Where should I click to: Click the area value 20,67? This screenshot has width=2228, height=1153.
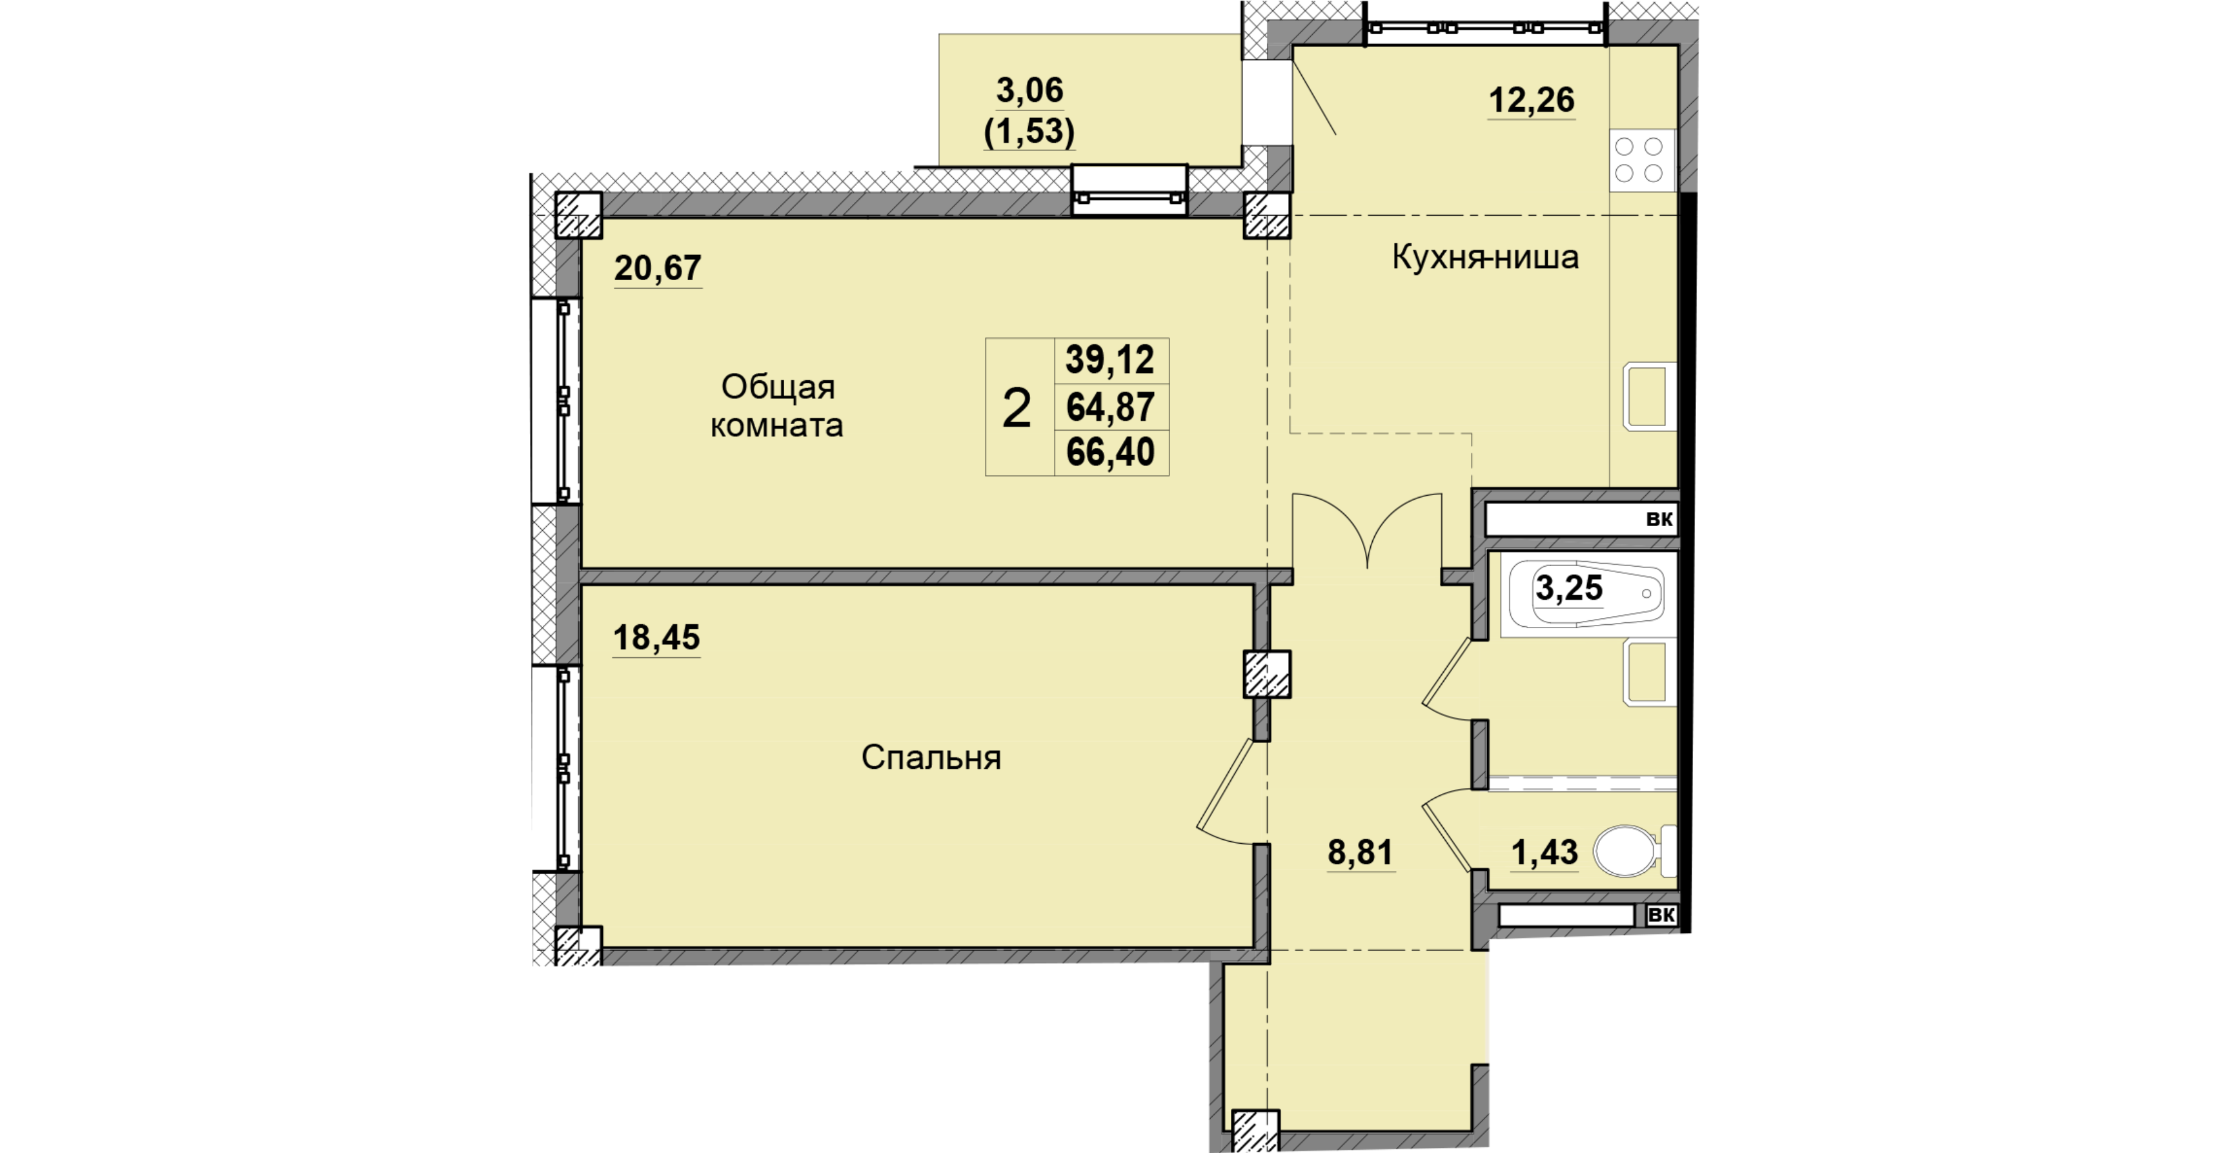[x=657, y=269]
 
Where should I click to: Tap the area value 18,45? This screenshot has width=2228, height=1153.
[x=656, y=638]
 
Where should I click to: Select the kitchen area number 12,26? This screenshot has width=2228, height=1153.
[x=1531, y=100]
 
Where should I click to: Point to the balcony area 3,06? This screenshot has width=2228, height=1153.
[x=1029, y=90]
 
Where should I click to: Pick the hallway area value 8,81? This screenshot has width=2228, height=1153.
[x=1361, y=853]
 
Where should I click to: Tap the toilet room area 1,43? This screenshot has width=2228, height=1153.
[x=1544, y=853]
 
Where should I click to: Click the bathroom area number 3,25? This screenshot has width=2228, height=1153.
[x=1569, y=588]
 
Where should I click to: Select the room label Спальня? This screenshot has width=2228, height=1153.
[x=931, y=758]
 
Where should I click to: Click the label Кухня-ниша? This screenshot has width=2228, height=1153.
[x=1485, y=257]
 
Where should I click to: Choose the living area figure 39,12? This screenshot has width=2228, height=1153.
[x=1111, y=360]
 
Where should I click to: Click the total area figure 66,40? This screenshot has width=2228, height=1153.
[x=1111, y=453]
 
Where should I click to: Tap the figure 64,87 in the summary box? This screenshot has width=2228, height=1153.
[x=1111, y=407]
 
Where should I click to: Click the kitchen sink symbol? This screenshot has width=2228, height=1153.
[x=1648, y=396]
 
